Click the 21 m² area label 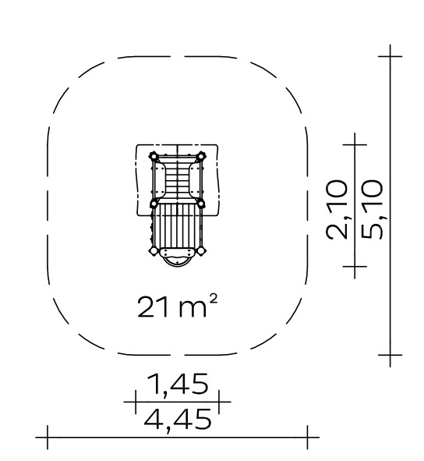(x=178, y=307)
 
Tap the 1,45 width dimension (x=177, y=385)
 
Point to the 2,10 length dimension (x=337, y=210)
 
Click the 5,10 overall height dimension (x=373, y=210)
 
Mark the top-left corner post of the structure (x=154, y=156)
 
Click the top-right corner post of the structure (x=200, y=156)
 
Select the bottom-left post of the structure (x=154, y=251)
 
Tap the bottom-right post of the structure (x=200, y=251)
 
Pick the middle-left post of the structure (x=154, y=203)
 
